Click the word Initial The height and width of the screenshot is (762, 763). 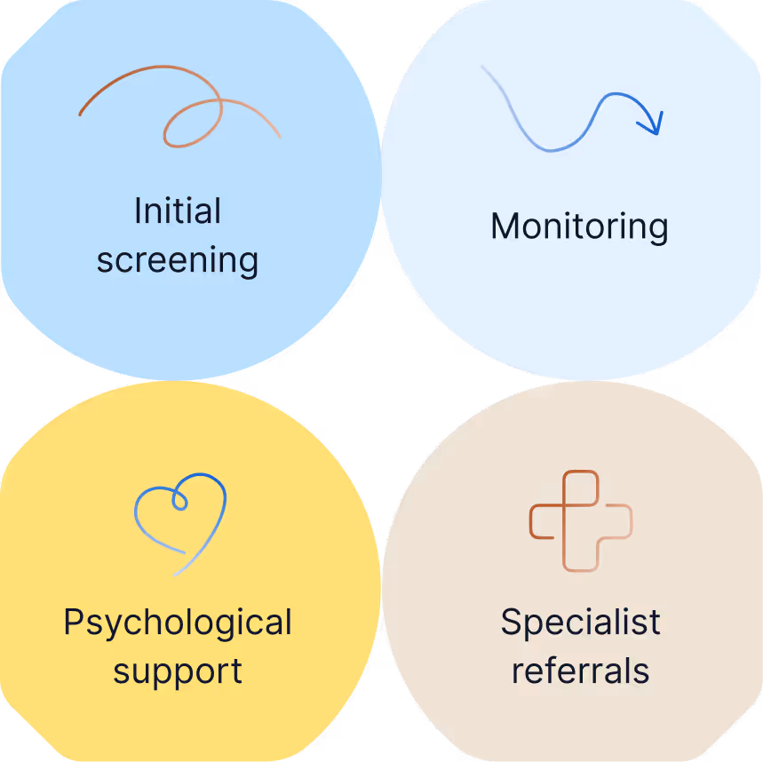pyautogui.click(x=178, y=211)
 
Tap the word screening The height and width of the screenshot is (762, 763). pyautogui.click(x=178, y=261)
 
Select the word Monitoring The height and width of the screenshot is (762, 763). pyautogui.click(x=579, y=226)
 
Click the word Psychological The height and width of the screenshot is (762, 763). pyautogui.click(x=178, y=623)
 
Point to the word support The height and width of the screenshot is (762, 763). pyautogui.click(x=178, y=671)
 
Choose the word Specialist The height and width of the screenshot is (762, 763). pyautogui.click(x=580, y=623)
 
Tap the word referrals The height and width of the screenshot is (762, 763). pyautogui.click(x=580, y=671)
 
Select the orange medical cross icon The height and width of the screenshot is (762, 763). pyautogui.click(x=581, y=520)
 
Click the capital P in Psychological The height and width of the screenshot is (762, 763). pyautogui.click(x=75, y=623)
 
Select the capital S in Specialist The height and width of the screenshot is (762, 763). pyautogui.click(x=511, y=623)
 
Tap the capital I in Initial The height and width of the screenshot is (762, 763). pyautogui.click(x=139, y=211)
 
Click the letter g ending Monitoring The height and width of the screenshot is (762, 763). pyautogui.click(x=656, y=230)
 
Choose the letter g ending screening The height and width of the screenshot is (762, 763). pyautogui.click(x=247, y=265)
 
